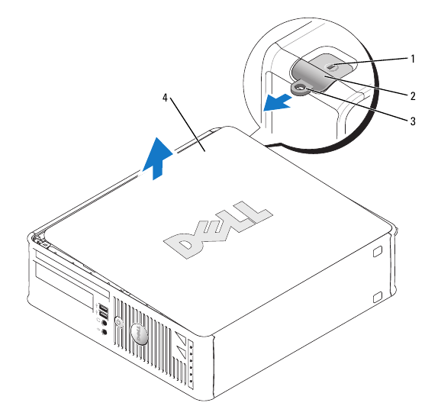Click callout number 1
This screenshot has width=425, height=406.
413,58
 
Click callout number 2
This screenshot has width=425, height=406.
413,96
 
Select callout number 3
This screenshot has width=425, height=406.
413,121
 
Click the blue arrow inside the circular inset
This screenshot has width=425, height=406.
277,101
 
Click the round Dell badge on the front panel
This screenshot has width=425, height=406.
140,333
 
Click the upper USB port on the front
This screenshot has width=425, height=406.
102,309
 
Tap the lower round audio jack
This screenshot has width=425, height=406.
104,333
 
